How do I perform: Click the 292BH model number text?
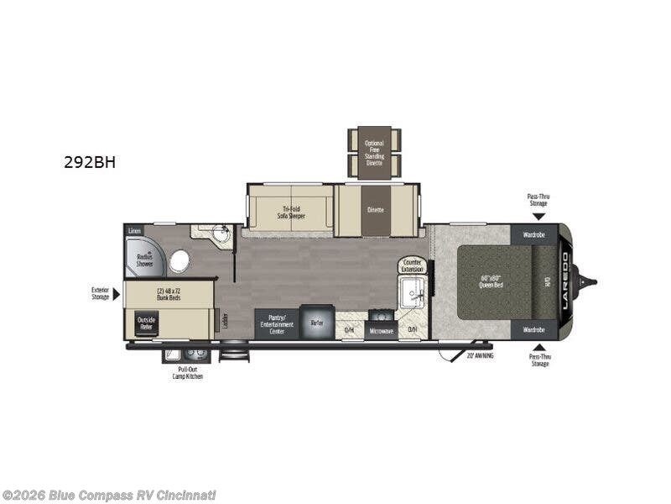click(x=89, y=162)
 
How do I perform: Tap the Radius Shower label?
click(x=144, y=260)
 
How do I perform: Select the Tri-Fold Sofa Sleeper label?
click(x=292, y=213)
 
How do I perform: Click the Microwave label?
click(x=380, y=330)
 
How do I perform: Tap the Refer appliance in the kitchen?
click(x=317, y=323)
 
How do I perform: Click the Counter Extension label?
click(x=412, y=266)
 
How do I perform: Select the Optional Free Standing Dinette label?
click(x=374, y=153)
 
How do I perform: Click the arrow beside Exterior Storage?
click(x=117, y=293)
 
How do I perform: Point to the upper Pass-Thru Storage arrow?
click(x=538, y=216)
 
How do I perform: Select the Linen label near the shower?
click(x=134, y=229)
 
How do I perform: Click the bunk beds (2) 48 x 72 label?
click(x=170, y=293)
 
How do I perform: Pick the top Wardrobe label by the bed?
click(x=535, y=234)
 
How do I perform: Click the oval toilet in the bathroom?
click(x=179, y=261)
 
